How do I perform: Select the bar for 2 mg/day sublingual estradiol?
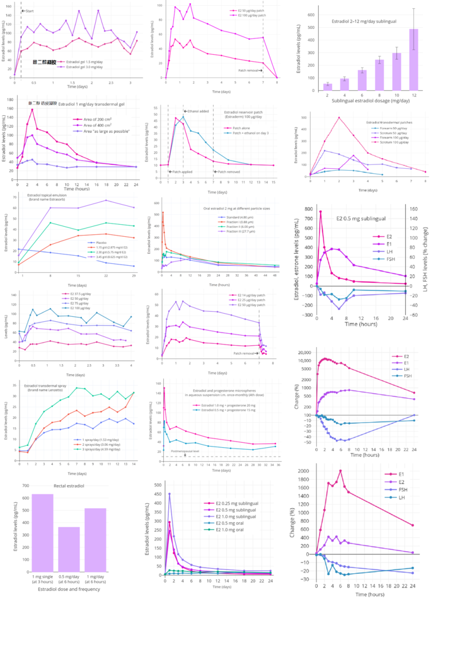(x=327, y=87)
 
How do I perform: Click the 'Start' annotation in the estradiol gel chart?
(x=28, y=11)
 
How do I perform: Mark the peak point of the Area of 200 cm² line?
(x=32, y=110)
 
